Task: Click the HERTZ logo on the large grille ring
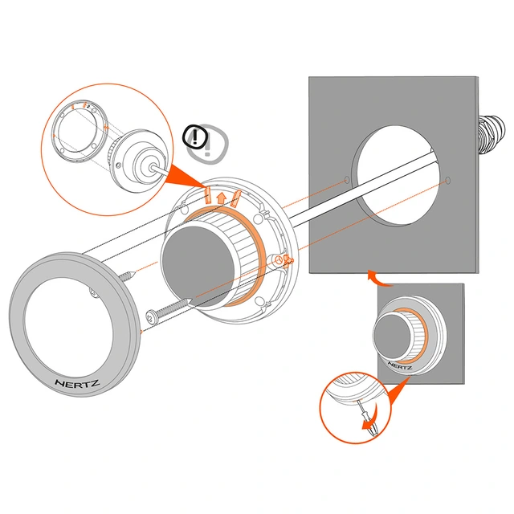(77, 383)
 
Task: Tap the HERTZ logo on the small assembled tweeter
(400, 365)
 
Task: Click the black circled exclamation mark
(195, 137)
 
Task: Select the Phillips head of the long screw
(152, 316)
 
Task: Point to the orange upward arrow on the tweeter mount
(222, 198)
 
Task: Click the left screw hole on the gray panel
(347, 180)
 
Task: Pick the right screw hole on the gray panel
(448, 180)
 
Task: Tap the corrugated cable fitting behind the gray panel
(491, 135)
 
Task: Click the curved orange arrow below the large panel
(377, 279)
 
